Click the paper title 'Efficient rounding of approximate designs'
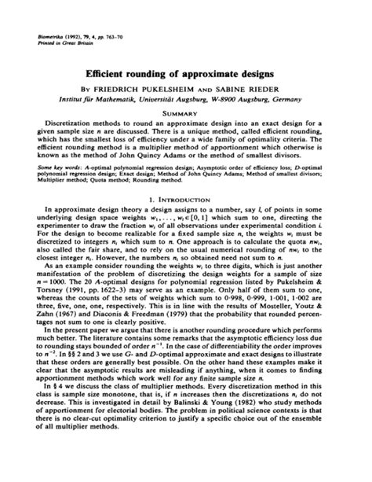[x=185, y=69]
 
